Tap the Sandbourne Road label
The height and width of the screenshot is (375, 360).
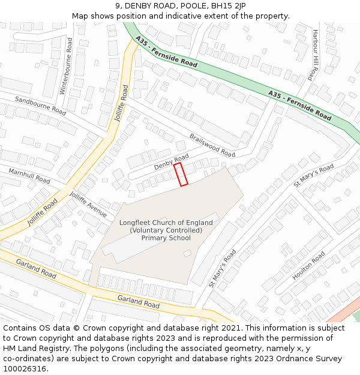(40, 106)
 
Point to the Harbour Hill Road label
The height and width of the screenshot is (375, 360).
(313, 55)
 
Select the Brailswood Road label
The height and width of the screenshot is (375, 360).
(212, 145)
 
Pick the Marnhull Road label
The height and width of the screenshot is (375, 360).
(29, 176)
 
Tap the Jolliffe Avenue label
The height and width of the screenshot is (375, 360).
(88, 205)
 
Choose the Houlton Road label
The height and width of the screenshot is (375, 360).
(308, 266)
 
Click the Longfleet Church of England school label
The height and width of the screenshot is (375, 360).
(166, 230)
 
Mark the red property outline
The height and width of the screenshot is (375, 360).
(181, 174)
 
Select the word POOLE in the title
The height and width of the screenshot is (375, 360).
(187, 6)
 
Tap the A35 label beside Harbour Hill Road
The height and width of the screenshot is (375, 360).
(275, 94)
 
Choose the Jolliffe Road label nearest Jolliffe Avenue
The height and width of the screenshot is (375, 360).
(42, 212)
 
